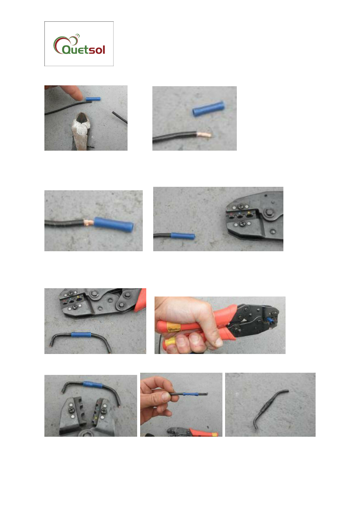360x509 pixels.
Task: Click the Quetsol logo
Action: tap(79, 44)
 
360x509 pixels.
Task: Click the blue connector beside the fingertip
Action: tap(93, 99)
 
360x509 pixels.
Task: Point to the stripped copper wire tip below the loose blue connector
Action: tap(204, 134)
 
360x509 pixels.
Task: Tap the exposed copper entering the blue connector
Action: tap(89, 222)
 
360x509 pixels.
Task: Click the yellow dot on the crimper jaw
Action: tap(249, 213)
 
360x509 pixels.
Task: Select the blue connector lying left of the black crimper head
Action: tap(183, 236)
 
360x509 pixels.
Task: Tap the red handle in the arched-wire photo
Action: tap(141, 300)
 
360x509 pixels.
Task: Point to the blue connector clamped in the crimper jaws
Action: tap(269, 320)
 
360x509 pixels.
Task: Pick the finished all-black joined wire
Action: tap(270, 408)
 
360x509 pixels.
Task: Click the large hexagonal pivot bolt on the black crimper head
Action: tap(269, 213)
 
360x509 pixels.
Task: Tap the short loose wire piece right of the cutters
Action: tap(119, 117)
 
